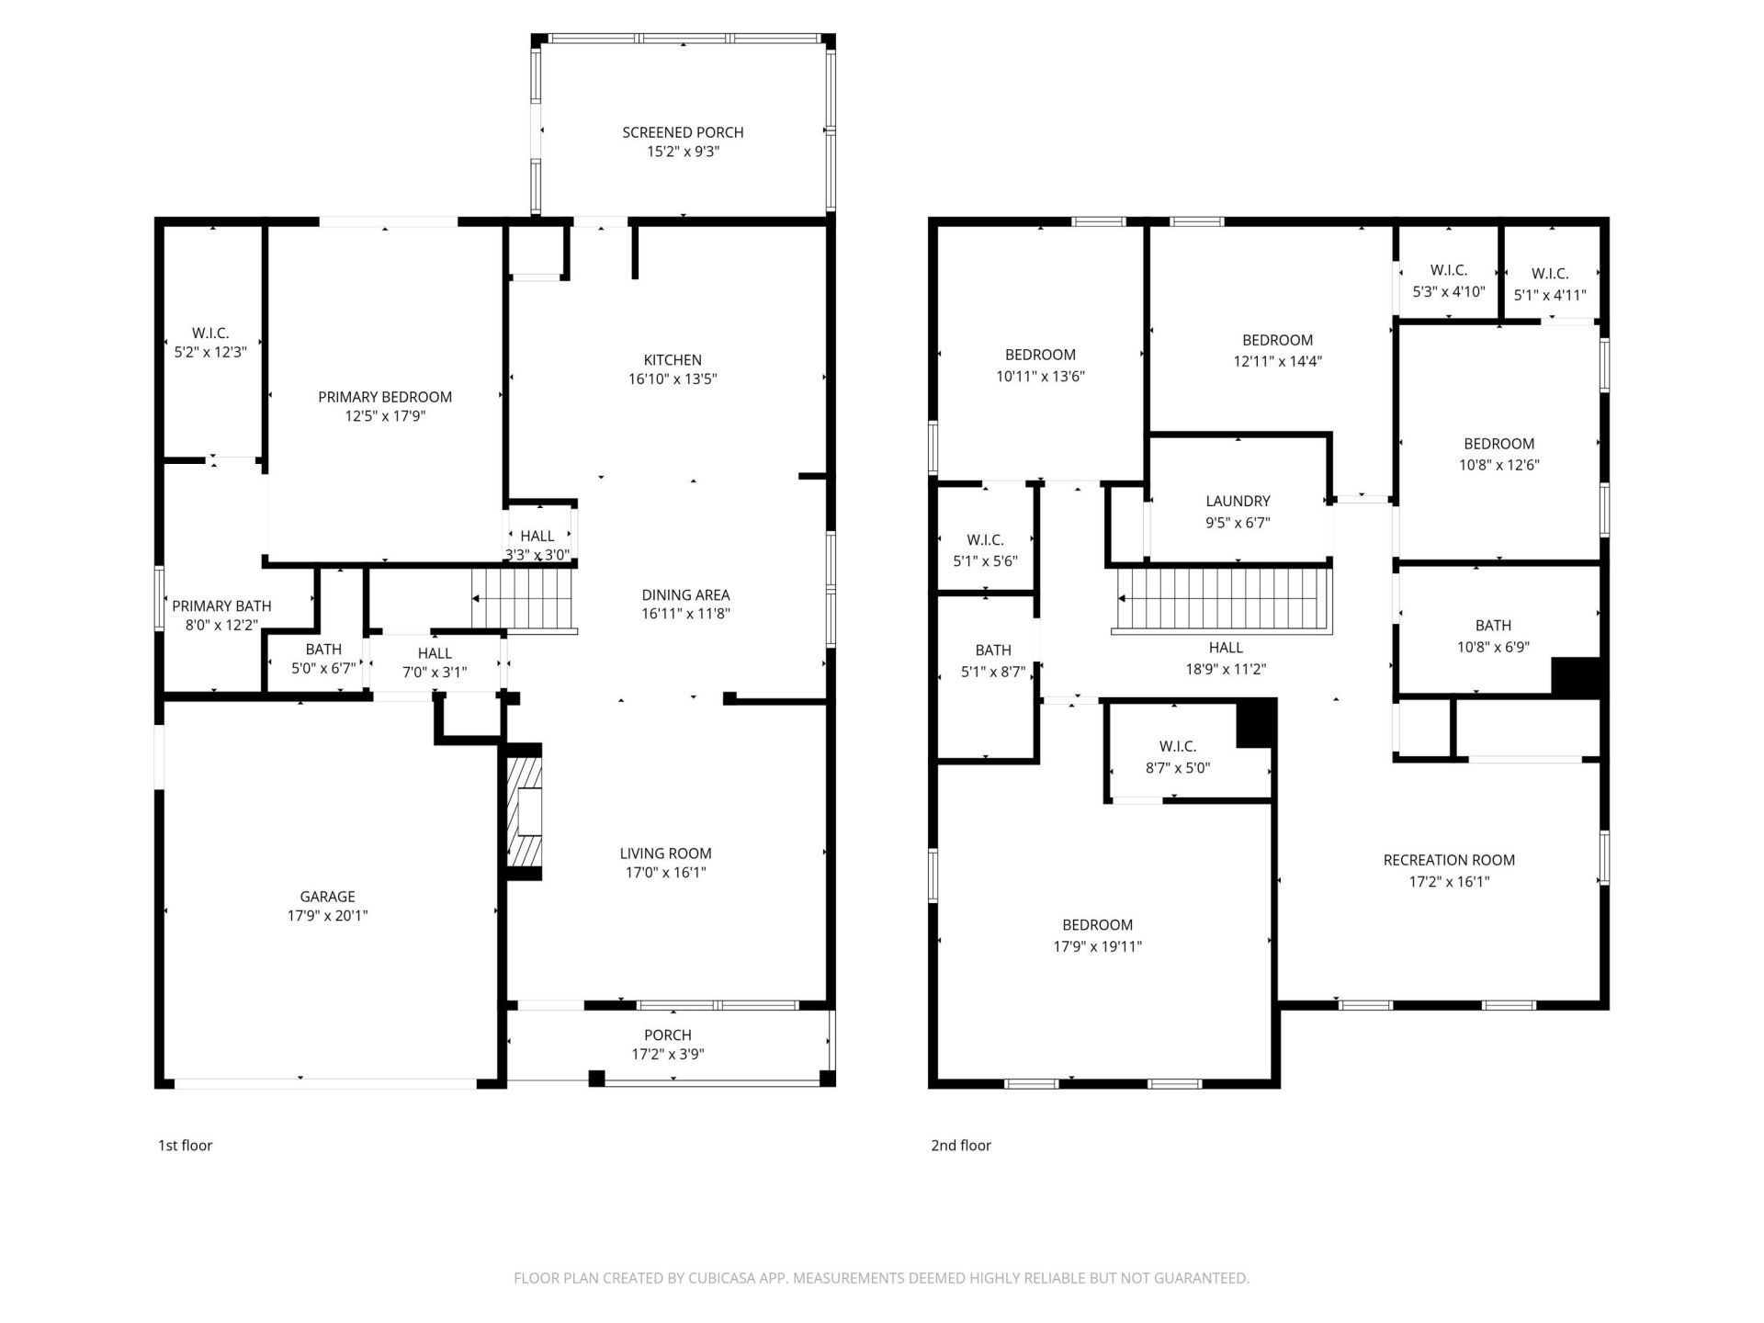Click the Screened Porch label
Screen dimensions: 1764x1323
click(x=683, y=132)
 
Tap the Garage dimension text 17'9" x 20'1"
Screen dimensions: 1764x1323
click(x=327, y=915)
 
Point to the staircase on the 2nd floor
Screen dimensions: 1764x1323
click(x=1222, y=601)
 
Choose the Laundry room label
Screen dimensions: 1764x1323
click(x=1238, y=502)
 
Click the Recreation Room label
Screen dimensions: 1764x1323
click(x=1449, y=860)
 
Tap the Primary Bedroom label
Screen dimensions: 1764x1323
click(x=385, y=397)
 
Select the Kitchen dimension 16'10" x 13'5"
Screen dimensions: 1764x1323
click(x=673, y=379)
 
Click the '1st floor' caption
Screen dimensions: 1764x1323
click(x=185, y=1145)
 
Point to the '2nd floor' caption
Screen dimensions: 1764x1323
click(x=961, y=1145)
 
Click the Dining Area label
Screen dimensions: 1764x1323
click(x=685, y=594)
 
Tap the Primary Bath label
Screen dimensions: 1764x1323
click(x=221, y=605)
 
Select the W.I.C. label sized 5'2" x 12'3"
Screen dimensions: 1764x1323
click(x=210, y=333)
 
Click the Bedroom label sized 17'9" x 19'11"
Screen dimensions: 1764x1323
click(x=1097, y=925)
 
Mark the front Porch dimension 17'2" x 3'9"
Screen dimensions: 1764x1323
click(x=668, y=1055)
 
